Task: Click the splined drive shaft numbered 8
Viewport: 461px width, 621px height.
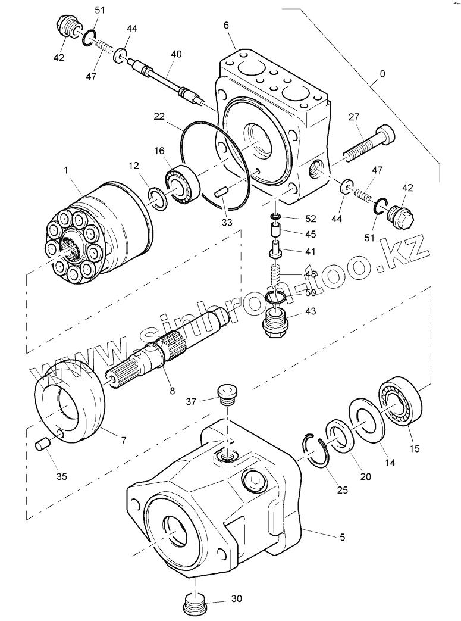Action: (x=173, y=351)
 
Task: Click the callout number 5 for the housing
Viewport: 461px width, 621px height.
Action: (x=343, y=537)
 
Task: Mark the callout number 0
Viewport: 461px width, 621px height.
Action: (x=382, y=74)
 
